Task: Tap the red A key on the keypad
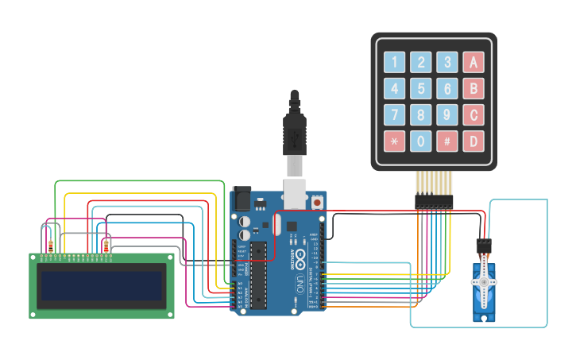tap(474, 62)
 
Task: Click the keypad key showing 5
tap(421, 88)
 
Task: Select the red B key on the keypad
tap(474, 88)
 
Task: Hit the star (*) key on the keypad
tap(395, 141)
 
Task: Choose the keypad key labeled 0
tap(421, 141)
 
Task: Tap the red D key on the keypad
tap(474, 141)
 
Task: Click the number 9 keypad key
tap(447, 115)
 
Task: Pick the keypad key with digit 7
tap(395, 115)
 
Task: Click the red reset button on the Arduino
tap(318, 202)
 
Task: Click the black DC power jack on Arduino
tap(240, 199)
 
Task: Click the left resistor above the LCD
tap(52, 246)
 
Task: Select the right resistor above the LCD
tap(106, 246)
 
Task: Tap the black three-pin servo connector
tap(482, 246)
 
